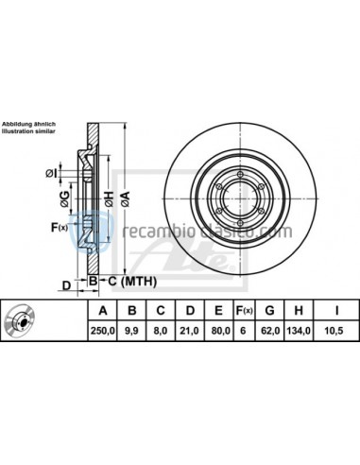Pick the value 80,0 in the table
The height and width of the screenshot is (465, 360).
tap(219, 331)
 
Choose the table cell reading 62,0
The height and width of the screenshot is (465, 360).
tap(272, 331)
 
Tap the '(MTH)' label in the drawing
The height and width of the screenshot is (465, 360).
tap(134, 282)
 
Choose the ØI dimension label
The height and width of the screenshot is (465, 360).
tap(49, 171)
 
